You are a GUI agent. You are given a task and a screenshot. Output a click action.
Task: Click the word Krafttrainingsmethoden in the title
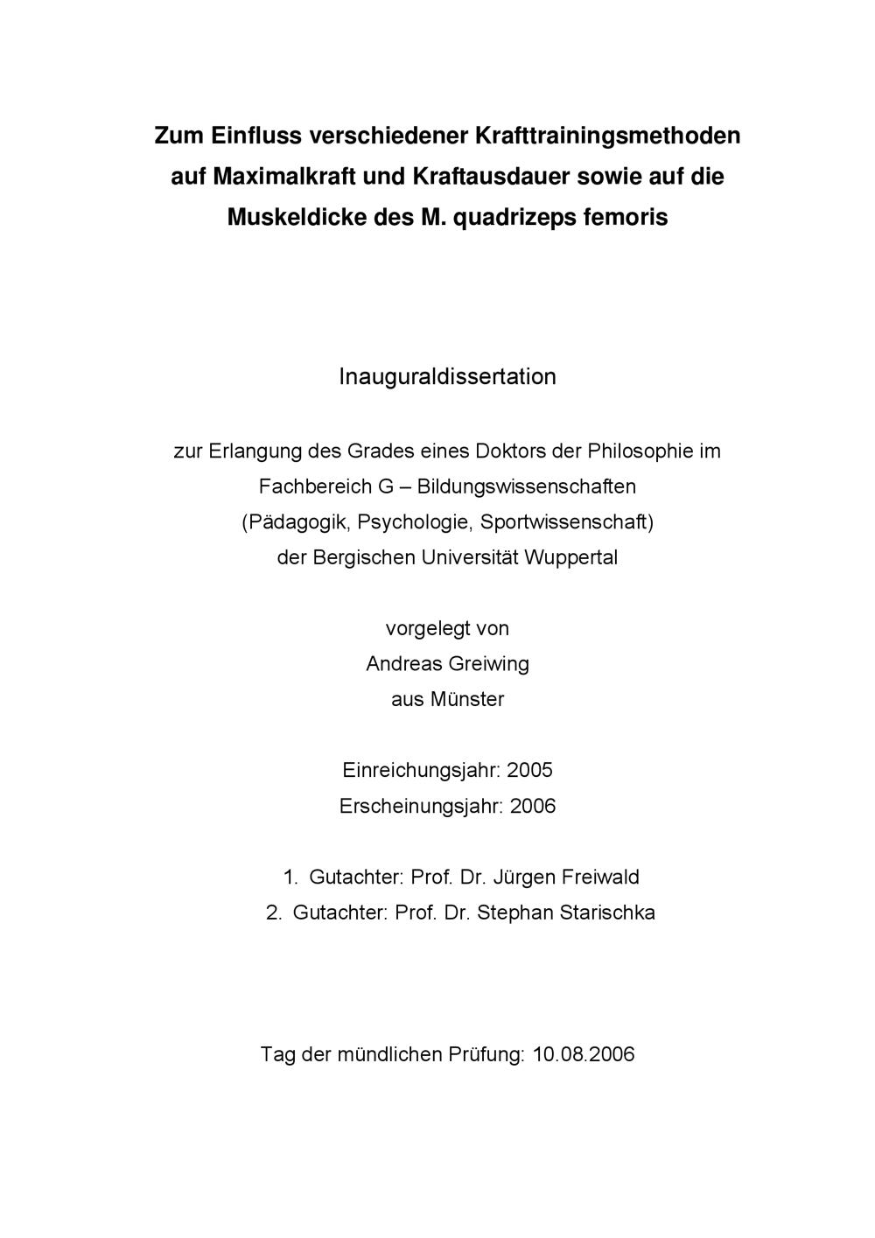click(x=606, y=136)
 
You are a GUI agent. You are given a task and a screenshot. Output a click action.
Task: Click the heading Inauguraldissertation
click(x=447, y=377)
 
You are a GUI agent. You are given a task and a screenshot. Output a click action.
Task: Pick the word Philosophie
click(x=641, y=451)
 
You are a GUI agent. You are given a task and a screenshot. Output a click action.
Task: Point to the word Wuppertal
click(x=570, y=557)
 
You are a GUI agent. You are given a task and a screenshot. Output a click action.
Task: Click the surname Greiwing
click(x=488, y=664)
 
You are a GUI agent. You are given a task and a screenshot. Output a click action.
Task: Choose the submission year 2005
click(x=529, y=771)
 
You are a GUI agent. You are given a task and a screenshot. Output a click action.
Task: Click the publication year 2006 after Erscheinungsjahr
click(x=533, y=806)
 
